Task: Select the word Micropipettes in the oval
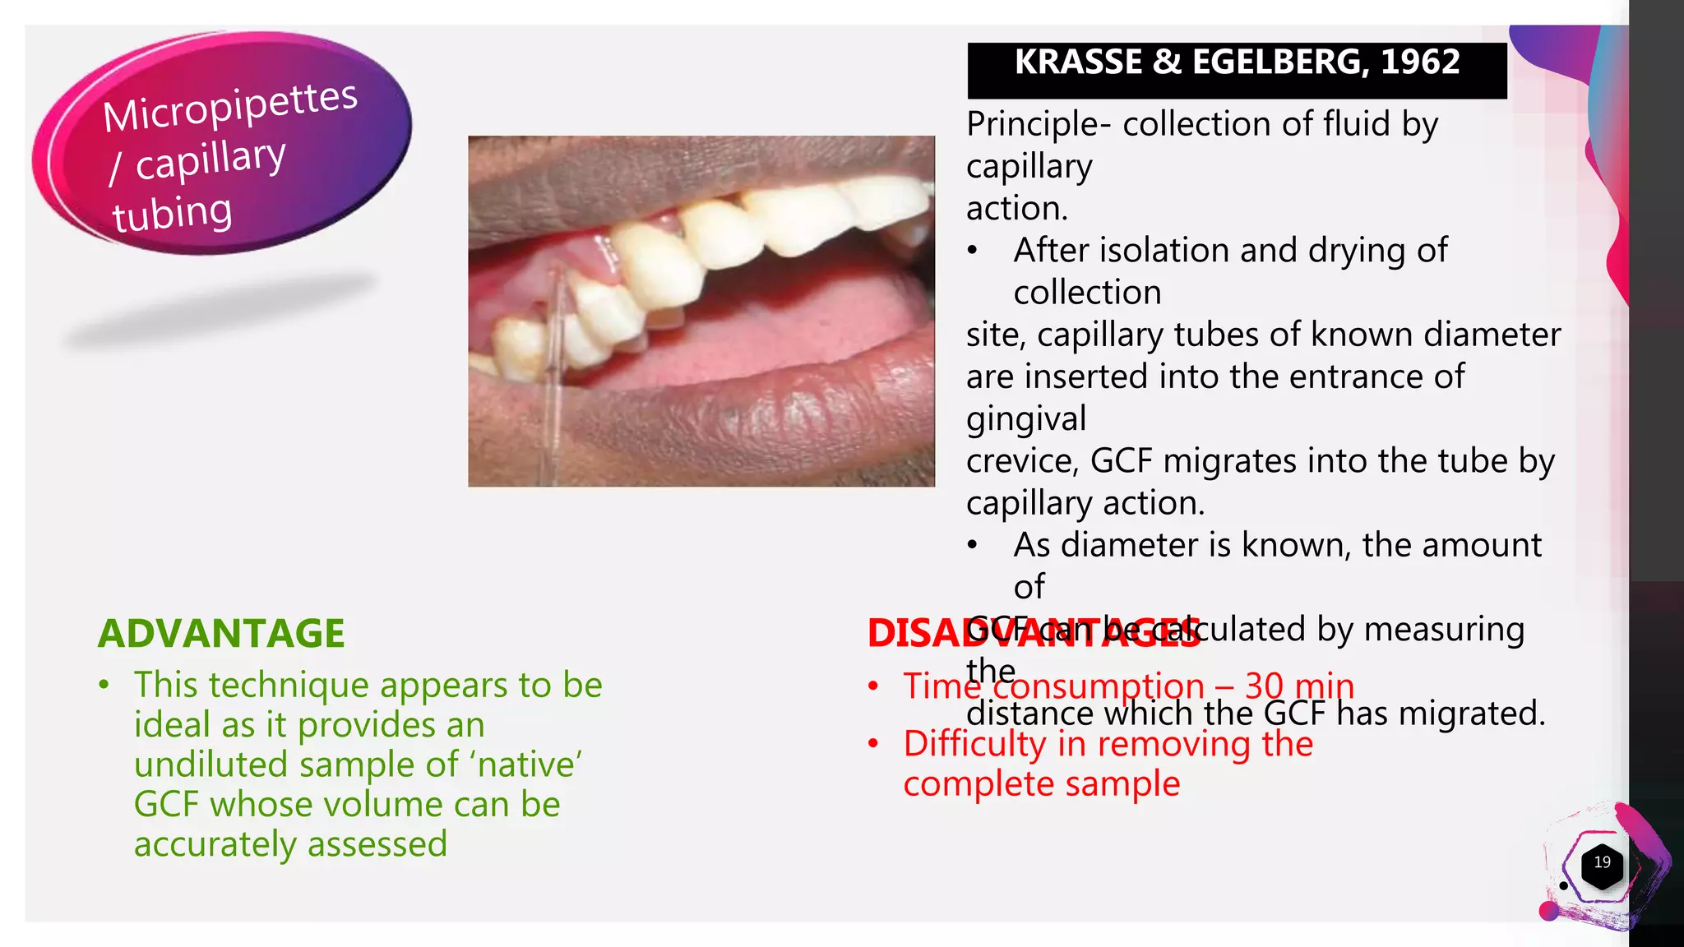point(230,107)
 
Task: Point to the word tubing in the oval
point(173,214)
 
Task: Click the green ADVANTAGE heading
point(221,634)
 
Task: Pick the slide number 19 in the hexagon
point(1602,862)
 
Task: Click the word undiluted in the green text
point(212,765)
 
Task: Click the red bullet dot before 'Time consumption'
point(873,686)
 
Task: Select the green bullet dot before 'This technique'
point(104,685)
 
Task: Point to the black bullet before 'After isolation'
point(973,251)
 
